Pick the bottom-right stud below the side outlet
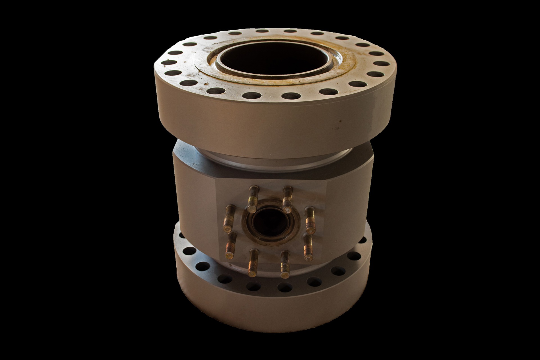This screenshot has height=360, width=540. click(284, 264)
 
